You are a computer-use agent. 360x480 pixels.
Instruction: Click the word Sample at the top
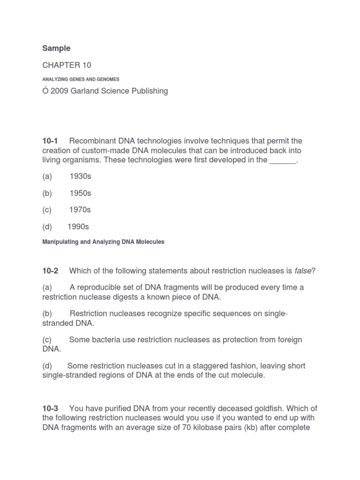[x=56, y=48]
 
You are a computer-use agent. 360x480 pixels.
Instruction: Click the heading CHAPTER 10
[x=67, y=65]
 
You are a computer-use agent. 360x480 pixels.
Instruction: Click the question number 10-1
[x=51, y=141]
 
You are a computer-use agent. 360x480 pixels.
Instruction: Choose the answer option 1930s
[x=80, y=176]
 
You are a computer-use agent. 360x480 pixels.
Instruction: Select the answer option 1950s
[x=80, y=193]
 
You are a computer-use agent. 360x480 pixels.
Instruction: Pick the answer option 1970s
[x=80, y=210]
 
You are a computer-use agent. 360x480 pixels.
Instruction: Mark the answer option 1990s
[x=78, y=227]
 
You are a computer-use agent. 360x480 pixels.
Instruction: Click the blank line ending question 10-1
[x=283, y=160]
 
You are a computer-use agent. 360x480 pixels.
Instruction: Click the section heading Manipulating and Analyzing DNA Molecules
[x=103, y=242]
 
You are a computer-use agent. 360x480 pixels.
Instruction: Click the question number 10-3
[x=51, y=396]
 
